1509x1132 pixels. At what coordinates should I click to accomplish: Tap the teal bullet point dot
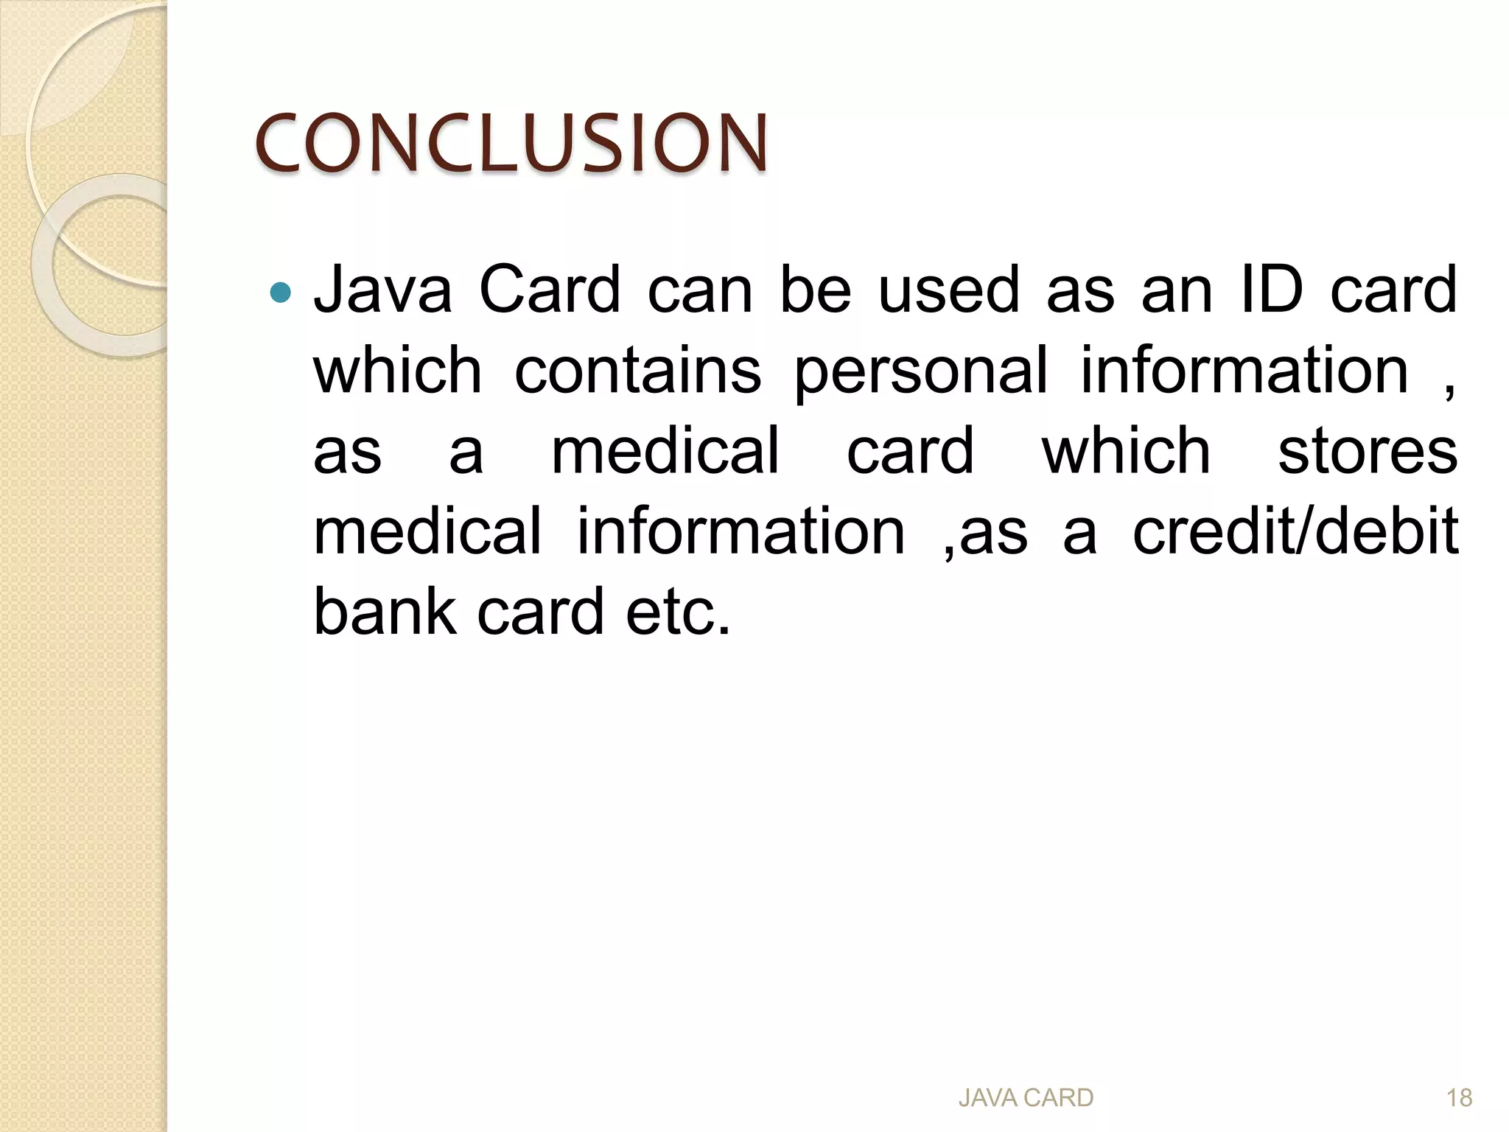pos(281,293)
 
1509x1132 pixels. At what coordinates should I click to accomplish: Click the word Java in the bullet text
pos(382,290)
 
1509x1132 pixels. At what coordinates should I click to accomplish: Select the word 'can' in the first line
pos(700,290)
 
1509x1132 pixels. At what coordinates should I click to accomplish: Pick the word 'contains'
pos(637,371)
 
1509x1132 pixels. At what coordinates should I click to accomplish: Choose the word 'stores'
pos(1368,451)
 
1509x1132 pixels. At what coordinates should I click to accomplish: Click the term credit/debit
pos(1295,531)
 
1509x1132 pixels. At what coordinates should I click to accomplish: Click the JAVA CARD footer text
pos(1026,1098)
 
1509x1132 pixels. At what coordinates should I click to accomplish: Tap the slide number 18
pos(1459,1098)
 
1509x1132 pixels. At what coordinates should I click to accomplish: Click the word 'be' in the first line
pos(816,290)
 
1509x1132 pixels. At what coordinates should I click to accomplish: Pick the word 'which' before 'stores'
pos(1126,451)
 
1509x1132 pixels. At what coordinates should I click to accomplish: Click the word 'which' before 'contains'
pos(398,371)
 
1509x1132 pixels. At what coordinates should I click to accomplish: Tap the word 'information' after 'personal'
pos(1244,371)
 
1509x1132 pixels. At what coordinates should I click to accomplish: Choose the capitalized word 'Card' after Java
pos(550,290)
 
